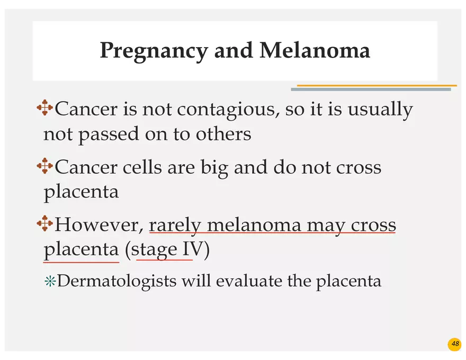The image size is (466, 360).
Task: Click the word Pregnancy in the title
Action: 154,51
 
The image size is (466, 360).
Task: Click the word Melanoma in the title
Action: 315,51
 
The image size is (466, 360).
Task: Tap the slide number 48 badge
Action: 455,345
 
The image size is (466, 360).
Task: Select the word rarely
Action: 175,226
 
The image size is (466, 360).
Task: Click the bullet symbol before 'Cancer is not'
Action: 44,109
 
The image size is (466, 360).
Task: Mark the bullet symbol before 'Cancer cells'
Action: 44,167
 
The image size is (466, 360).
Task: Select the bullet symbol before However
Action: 44,224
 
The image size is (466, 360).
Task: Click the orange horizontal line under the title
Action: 377,85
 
